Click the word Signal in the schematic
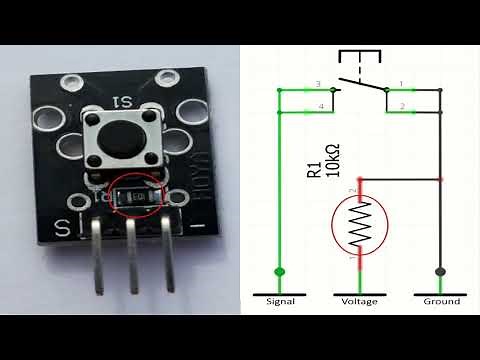coord(280,301)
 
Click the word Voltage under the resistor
coord(359,301)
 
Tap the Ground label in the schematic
coord(440,301)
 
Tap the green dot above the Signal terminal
coord(279,271)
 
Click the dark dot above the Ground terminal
coord(440,271)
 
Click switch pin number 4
coord(320,105)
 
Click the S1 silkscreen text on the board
coord(126,102)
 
